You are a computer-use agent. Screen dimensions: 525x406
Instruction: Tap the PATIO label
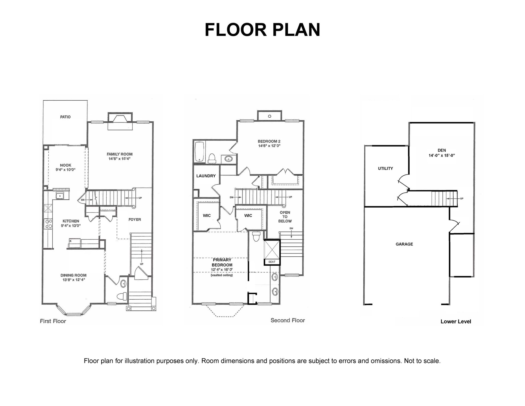65,117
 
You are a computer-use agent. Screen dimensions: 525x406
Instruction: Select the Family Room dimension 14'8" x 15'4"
119,159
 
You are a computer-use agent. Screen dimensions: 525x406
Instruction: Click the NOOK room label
66,165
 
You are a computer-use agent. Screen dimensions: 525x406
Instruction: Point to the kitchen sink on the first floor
60,196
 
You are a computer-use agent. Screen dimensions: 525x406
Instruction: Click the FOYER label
135,219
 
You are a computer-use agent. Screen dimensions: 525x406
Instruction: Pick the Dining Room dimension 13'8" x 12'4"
74,280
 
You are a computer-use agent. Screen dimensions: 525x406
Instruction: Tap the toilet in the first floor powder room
122,296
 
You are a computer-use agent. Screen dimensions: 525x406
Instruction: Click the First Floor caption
53,321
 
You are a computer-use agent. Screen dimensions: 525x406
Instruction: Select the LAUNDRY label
206,176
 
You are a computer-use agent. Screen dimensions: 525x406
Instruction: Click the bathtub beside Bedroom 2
199,152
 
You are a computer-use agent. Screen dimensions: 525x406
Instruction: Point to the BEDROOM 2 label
269,141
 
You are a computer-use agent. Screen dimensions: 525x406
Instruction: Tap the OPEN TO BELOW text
285,217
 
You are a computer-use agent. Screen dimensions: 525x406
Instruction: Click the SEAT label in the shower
272,262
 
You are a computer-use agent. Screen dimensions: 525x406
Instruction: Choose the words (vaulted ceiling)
222,275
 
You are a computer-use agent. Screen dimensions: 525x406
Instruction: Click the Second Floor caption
288,320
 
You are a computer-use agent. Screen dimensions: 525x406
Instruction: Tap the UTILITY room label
386,169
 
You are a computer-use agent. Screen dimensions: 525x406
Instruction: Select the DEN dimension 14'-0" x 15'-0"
442,155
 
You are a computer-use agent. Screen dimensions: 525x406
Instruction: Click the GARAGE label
404,244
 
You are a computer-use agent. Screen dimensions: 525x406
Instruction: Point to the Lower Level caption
456,322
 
